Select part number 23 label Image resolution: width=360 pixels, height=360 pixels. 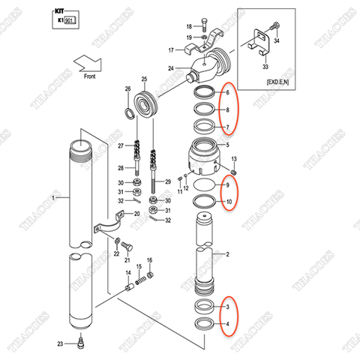click(x=61, y=344)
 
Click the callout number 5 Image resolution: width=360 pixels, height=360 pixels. click(x=227, y=144)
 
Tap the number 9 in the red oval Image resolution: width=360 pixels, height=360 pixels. click(x=227, y=185)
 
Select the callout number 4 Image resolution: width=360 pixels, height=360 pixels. click(x=227, y=324)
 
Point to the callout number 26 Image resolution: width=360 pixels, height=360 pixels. click(x=127, y=90)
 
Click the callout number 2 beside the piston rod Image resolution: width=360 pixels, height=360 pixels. click(x=227, y=255)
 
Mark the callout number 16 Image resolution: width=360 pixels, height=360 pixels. click(x=149, y=259)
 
